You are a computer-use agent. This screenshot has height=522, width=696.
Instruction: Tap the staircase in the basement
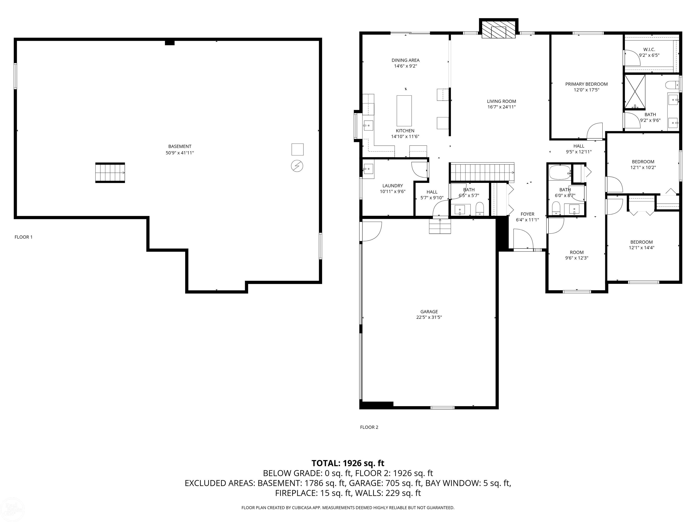click(110, 173)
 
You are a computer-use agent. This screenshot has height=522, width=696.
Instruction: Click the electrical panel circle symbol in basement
click(297, 166)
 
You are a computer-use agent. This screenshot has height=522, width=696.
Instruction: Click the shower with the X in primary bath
click(635, 92)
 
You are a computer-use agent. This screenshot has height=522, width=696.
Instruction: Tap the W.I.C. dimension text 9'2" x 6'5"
click(649, 55)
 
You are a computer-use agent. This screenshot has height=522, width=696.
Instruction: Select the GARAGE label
click(429, 312)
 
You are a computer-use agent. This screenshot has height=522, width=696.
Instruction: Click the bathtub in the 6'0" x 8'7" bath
click(560, 172)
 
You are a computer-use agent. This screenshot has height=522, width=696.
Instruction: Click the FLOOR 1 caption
click(24, 237)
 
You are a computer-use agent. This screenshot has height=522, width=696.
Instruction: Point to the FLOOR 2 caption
click(369, 427)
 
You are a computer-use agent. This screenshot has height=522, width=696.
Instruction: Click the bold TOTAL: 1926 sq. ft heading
click(348, 463)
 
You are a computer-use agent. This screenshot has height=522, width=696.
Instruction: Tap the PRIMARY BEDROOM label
click(586, 84)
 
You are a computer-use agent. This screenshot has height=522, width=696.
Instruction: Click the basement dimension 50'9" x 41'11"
click(180, 153)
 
